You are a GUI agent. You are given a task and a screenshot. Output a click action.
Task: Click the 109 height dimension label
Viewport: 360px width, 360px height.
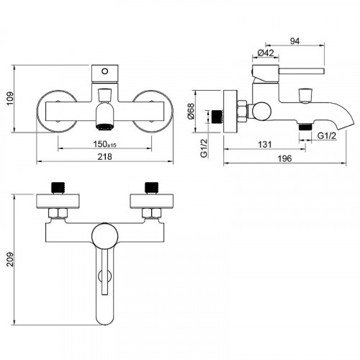[11, 99]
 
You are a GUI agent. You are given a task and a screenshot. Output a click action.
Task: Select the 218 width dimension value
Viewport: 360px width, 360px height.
[104, 157]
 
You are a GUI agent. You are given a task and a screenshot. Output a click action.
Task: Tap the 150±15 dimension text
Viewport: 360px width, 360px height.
[105, 144]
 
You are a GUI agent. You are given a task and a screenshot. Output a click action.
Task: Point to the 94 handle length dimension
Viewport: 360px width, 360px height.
[294, 41]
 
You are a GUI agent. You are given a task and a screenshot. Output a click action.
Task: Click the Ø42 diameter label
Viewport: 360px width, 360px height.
[266, 53]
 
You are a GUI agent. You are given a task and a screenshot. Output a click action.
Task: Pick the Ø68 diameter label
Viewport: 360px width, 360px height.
[192, 112]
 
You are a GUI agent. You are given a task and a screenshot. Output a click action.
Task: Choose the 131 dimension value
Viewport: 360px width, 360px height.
[265, 145]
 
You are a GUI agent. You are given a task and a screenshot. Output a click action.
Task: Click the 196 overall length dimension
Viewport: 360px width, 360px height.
[284, 158]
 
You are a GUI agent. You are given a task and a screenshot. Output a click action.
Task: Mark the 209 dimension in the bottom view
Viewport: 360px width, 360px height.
[10, 259]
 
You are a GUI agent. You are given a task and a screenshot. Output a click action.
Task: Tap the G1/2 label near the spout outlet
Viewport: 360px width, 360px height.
[327, 136]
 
